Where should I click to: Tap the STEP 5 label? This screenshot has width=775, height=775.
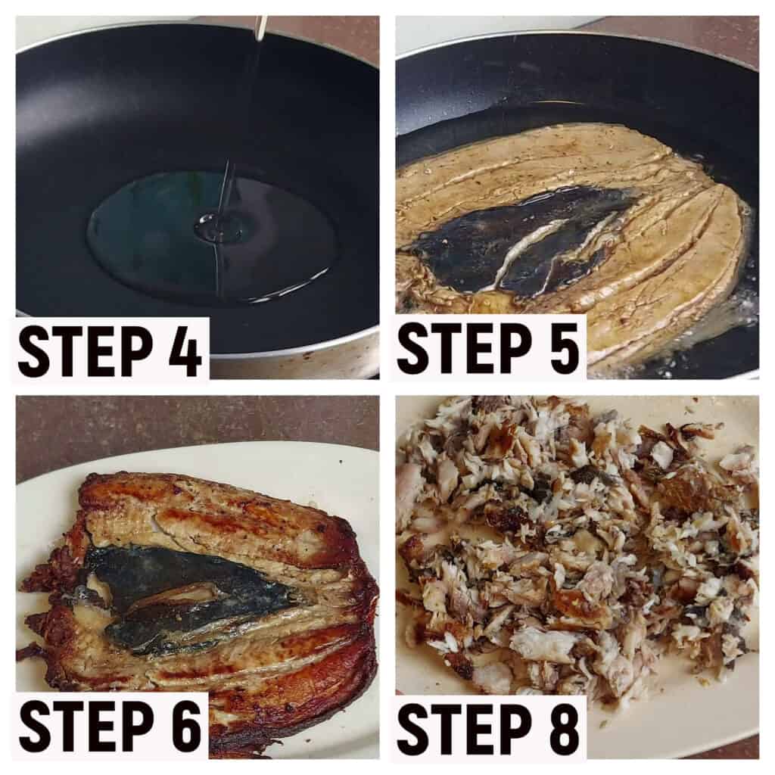click(488, 348)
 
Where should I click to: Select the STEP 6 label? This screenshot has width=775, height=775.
click(110, 727)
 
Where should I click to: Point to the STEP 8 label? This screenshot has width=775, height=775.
click(488, 729)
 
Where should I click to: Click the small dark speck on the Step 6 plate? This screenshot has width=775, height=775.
click(341, 462)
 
